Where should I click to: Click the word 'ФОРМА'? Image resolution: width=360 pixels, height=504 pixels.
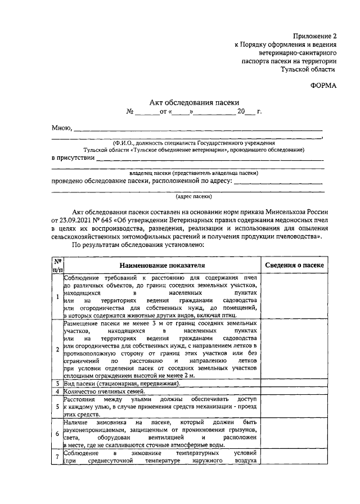[322, 85]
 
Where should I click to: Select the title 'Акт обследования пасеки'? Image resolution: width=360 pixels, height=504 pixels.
[194, 102]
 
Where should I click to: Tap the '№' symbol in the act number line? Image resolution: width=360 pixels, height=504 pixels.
[130, 112]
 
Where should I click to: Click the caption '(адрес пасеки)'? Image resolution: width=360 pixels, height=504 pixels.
[194, 197]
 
